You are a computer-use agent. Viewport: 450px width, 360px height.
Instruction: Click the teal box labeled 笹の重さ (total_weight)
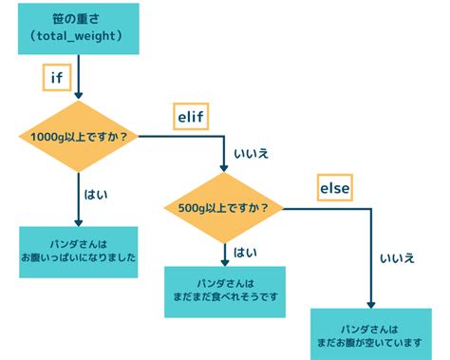pyautogui.click(x=79, y=28)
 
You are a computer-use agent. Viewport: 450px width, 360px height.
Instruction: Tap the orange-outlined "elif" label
pyautogui.click(x=189, y=117)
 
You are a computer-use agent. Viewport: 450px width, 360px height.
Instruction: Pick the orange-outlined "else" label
pyautogui.click(x=334, y=189)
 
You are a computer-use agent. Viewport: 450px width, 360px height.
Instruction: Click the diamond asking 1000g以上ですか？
pyautogui.click(x=79, y=137)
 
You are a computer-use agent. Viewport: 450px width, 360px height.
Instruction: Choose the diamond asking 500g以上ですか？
pyautogui.click(x=224, y=207)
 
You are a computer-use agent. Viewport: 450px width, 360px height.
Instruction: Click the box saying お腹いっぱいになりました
pyautogui.click(x=79, y=251)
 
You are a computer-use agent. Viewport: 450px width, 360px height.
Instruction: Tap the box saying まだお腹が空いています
pyautogui.click(x=371, y=332)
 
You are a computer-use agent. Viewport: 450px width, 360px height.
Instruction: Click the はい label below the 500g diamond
pyautogui.click(x=245, y=254)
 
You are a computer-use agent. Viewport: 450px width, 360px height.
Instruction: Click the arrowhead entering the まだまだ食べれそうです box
pyautogui.click(x=225, y=261)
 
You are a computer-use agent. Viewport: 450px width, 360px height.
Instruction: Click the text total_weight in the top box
pyautogui.click(x=79, y=37)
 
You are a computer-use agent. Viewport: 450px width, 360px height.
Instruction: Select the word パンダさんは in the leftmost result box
pyautogui.click(x=79, y=242)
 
